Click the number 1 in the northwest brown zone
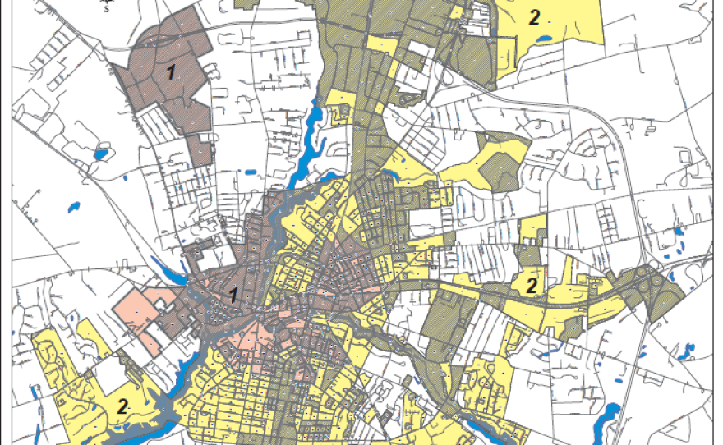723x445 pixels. click(x=171, y=72)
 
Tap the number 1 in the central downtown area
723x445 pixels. click(x=234, y=295)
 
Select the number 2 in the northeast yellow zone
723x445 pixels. click(x=534, y=17)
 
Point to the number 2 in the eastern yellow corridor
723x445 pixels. click(x=532, y=286)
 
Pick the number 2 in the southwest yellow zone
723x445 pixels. click(x=122, y=406)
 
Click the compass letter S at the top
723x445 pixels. click(x=105, y=10)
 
